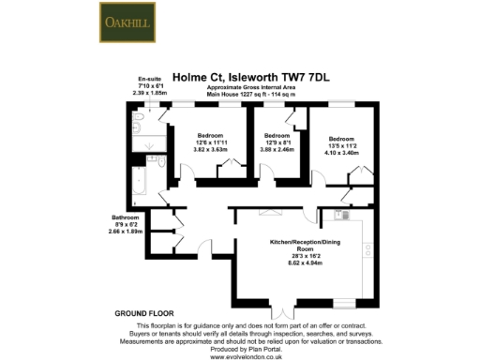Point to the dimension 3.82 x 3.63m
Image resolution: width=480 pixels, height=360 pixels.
point(198,148)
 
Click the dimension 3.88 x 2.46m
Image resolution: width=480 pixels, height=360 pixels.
point(277,148)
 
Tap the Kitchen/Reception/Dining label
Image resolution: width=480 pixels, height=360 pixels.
point(301,243)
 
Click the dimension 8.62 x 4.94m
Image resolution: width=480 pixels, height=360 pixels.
point(300,258)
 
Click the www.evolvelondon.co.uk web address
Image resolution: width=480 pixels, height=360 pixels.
point(239,356)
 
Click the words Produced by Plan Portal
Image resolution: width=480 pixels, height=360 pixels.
point(239,349)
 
